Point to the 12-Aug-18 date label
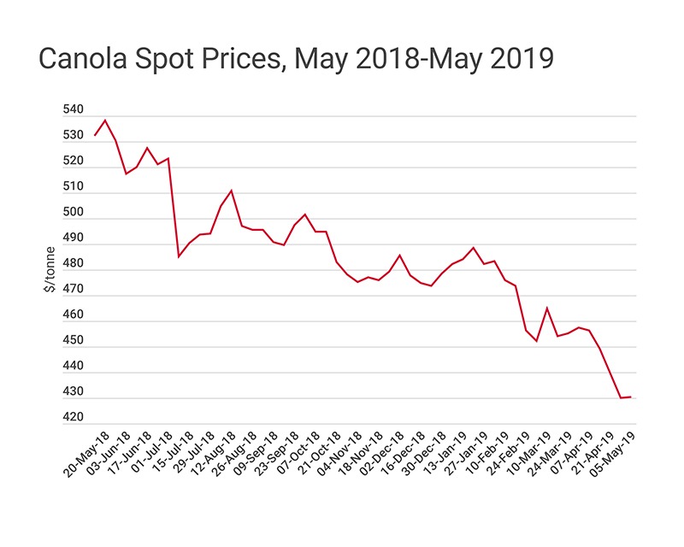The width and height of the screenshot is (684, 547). point(211,454)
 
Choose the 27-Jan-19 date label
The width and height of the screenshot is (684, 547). point(463,454)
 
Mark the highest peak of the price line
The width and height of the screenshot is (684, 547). point(105,121)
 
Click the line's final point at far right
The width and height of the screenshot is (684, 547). point(631,397)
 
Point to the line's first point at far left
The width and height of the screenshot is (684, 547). point(94,135)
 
